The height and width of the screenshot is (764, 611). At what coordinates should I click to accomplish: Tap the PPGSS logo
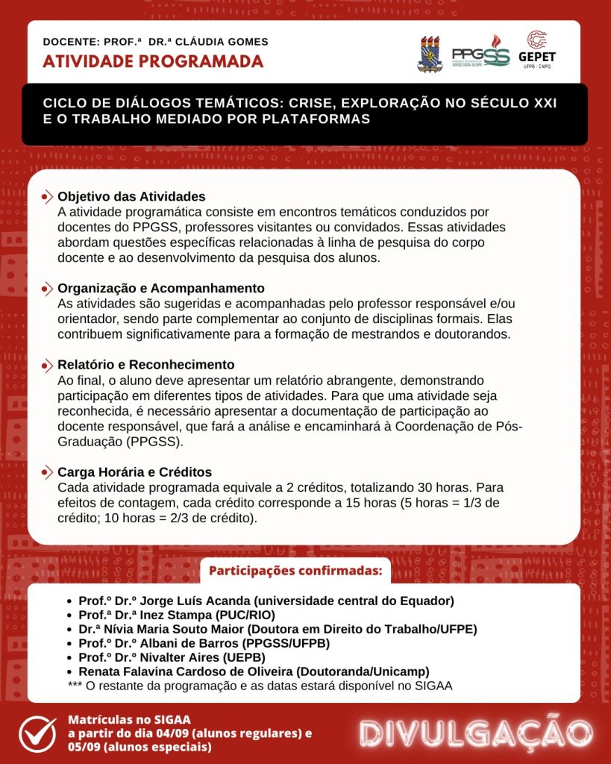pos(480,52)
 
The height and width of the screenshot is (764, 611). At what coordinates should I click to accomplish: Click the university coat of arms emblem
pos(429,52)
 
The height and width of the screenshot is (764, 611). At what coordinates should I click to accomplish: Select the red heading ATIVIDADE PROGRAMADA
pos(153,61)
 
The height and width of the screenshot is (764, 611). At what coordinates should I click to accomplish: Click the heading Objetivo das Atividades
pos(131,197)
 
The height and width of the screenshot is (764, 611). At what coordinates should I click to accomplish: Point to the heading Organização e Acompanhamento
pos(161,288)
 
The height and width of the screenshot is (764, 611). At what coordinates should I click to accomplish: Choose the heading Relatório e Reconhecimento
pos(146,365)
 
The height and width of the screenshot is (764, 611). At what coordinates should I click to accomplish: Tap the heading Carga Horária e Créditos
pos(135,472)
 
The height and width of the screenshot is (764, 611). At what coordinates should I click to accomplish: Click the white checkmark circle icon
pos(37,733)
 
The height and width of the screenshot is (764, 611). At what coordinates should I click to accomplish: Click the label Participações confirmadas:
pos(295,572)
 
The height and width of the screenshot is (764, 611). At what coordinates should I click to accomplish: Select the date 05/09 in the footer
pos(84,746)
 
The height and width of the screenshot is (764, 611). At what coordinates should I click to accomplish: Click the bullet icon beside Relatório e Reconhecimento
pos(47,365)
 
